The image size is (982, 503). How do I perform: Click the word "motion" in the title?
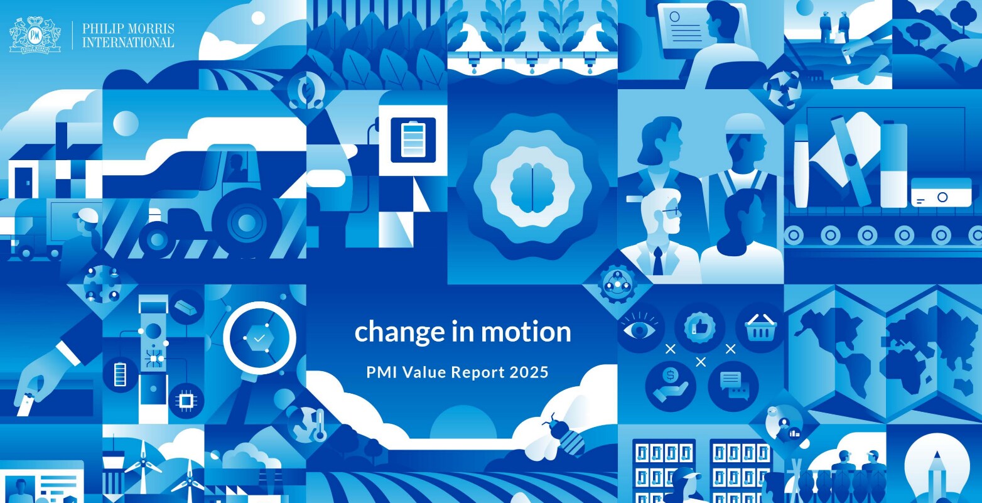coord(526,332)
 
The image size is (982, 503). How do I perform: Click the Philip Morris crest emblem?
coord(35,35)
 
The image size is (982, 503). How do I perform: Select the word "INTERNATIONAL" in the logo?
coord(129,43)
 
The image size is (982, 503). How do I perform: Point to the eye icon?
coord(639,329)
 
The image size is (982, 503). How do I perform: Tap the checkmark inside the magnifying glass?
coord(259,338)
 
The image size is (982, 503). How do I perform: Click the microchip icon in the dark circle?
coord(186,400)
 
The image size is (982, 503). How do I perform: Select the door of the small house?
coord(23,183)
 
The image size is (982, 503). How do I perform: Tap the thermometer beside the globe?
coord(320,425)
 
